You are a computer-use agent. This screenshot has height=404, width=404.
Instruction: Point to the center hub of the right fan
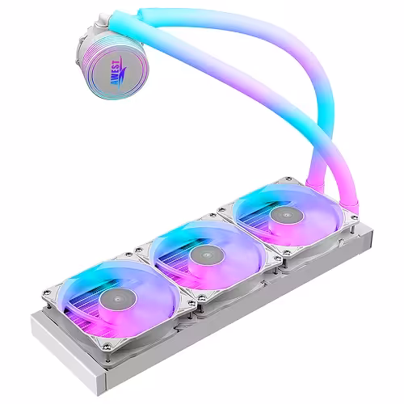tap(282, 213)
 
